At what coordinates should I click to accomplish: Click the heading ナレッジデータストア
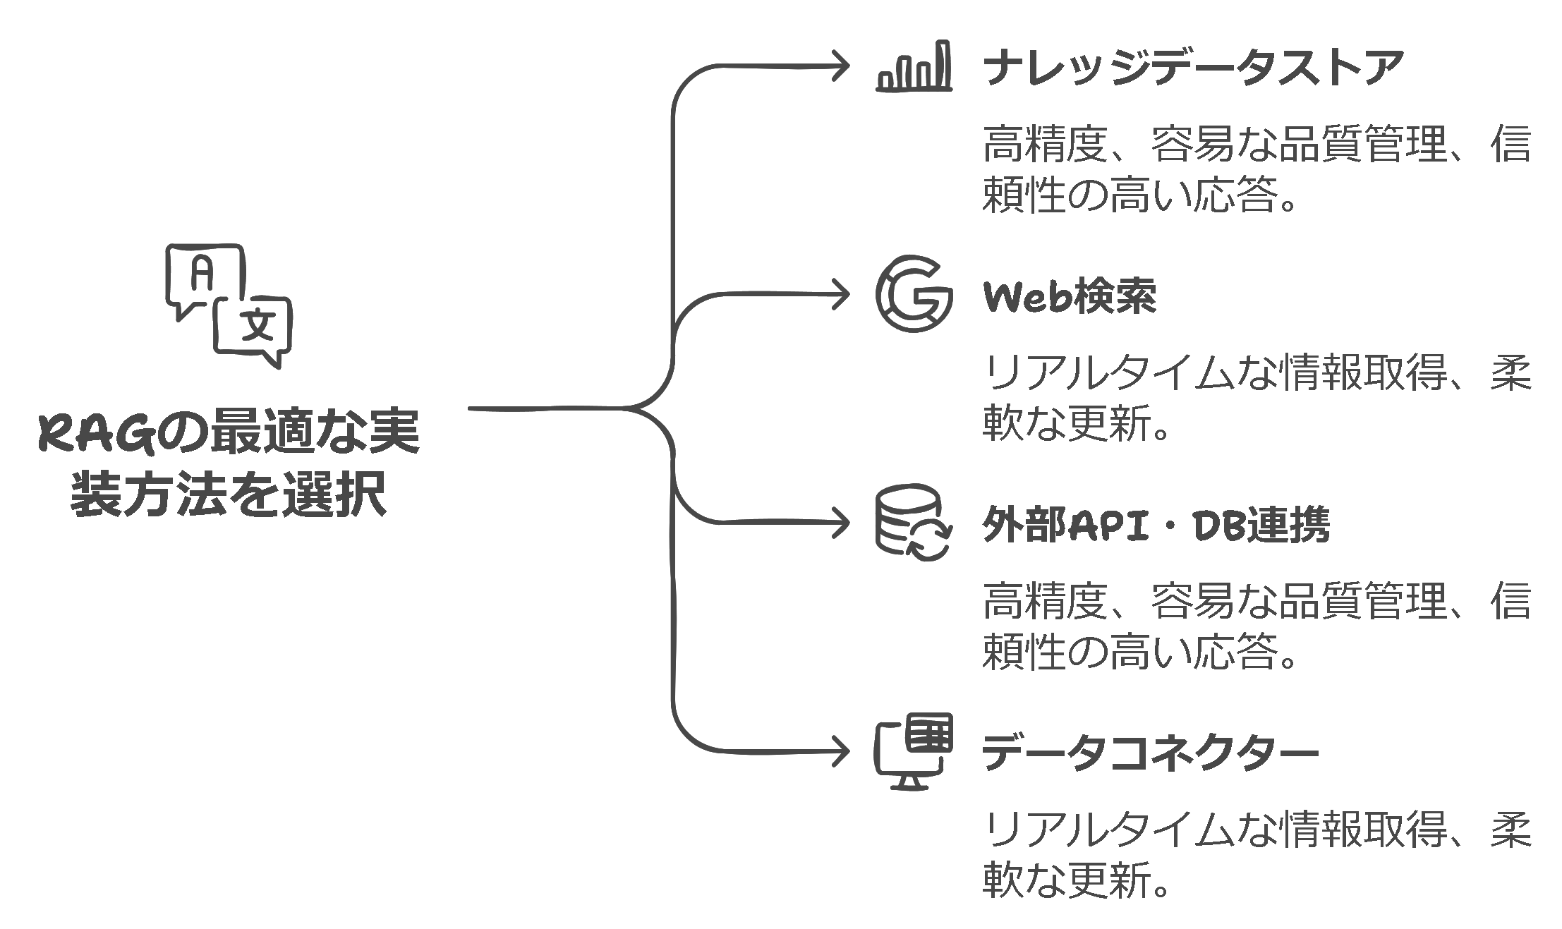tap(1192, 68)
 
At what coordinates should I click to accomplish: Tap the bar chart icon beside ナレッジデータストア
tap(914, 67)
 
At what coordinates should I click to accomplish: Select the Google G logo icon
tap(914, 294)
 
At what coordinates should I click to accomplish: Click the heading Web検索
tap(1070, 297)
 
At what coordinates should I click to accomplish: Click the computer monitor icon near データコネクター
tap(914, 752)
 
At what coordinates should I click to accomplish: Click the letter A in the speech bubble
tap(202, 274)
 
